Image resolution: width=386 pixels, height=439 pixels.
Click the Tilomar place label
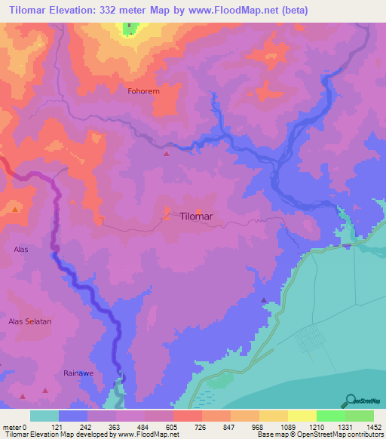(x=197, y=216)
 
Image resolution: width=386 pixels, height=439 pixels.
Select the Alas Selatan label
(x=29, y=321)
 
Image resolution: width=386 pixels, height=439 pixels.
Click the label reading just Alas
(x=20, y=248)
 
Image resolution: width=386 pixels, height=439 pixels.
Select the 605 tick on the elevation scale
(x=173, y=426)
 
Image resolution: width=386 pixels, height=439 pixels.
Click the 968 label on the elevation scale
(x=258, y=426)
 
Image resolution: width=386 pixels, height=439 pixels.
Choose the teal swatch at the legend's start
(x=44, y=416)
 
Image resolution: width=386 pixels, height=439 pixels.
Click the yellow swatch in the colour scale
(x=302, y=416)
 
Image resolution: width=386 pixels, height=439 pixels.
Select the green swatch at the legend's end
(x=359, y=416)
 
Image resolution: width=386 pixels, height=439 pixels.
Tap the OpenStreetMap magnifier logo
(x=349, y=400)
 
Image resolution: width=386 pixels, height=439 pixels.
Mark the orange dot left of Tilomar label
(x=166, y=212)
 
